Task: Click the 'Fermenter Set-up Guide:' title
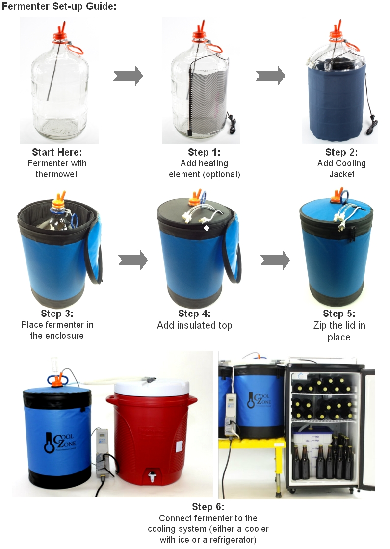click(x=59, y=7)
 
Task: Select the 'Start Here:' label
click(x=57, y=152)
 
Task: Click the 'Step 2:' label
click(x=341, y=152)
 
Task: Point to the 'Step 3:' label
click(x=57, y=314)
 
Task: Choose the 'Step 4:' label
click(x=194, y=314)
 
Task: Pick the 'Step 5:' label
click(x=339, y=314)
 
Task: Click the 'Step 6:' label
click(x=208, y=507)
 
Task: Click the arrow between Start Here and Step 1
click(x=128, y=76)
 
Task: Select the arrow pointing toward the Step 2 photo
click(x=270, y=76)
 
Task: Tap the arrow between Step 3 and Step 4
click(x=133, y=260)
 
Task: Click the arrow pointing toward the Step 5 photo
click(x=275, y=260)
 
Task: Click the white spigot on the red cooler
click(x=154, y=476)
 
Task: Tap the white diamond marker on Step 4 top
click(x=207, y=228)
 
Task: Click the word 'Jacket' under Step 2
click(x=341, y=174)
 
